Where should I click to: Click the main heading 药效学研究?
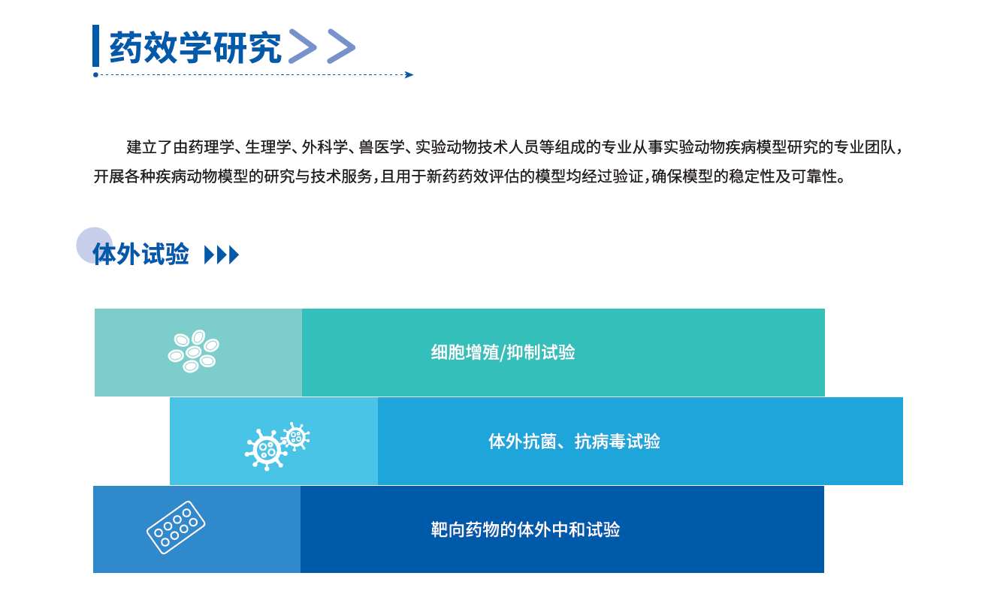195,47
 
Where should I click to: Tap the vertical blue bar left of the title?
96,46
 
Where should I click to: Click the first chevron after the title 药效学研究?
303,46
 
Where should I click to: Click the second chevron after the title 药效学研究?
341,46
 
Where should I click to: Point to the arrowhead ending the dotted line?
409,75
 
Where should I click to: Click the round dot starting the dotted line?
95,75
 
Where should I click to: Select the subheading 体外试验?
140,255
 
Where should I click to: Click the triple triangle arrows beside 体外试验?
222,255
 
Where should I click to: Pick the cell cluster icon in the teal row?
193,351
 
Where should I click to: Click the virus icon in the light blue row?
277,446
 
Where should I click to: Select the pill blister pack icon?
176,527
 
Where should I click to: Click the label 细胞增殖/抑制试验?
503,353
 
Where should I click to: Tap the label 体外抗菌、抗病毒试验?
574,442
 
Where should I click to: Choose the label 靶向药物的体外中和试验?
525,530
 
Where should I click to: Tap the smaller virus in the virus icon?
296,436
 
